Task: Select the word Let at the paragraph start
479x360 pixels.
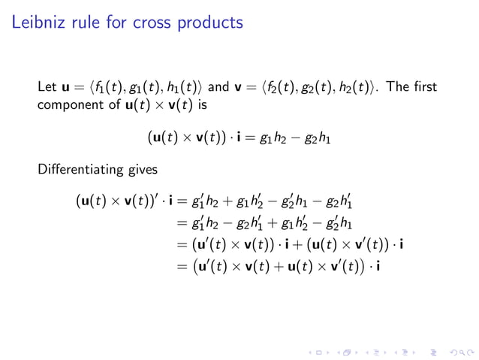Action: [47, 90]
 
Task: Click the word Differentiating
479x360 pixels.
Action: [83, 169]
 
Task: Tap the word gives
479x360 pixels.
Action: [143, 170]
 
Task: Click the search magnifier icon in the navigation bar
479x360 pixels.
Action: [451, 351]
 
